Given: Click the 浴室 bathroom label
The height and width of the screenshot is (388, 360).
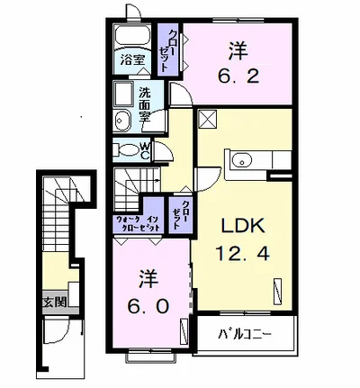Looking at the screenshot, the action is (132, 60).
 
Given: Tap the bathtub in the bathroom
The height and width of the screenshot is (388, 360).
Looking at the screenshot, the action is (132, 36).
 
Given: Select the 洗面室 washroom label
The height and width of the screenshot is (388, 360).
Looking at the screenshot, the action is (144, 104).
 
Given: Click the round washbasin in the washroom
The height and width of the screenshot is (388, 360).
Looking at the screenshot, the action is (122, 121).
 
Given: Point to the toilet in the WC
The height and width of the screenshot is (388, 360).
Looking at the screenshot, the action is (127, 150).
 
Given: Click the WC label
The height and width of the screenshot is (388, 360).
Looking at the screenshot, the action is (145, 151).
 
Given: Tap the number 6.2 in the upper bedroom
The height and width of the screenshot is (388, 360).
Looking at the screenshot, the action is (238, 77).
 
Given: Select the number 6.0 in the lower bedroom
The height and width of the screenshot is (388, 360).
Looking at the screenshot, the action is (148, 307).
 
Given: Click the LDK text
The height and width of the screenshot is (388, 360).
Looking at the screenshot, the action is (243, 225).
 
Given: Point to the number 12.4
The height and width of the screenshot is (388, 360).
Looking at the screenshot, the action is (242, 253).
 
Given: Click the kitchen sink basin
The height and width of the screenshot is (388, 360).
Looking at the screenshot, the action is (242, 159).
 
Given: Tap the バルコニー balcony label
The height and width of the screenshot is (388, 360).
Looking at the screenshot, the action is (245, 334).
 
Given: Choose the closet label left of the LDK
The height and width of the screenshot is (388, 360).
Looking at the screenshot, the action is (181, 214).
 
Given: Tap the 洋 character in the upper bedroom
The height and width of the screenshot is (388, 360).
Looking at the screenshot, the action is (238, 51).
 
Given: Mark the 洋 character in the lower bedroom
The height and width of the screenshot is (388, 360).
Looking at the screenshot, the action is (148, 279).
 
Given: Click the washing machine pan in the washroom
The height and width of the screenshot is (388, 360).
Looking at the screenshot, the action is (123, 94).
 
